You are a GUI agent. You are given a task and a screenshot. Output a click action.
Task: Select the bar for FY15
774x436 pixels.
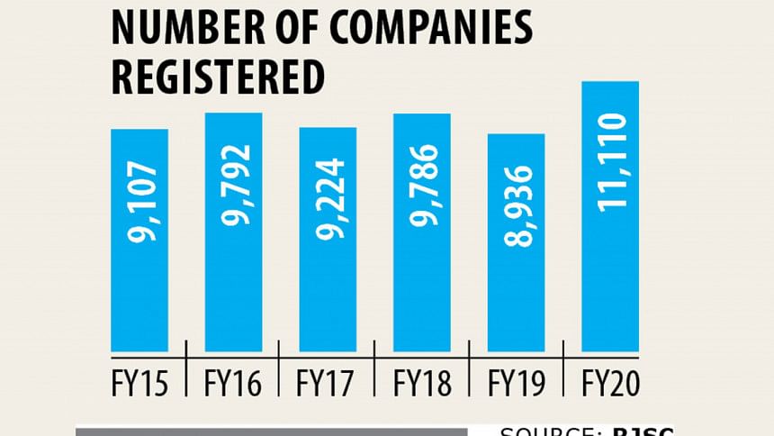pyautogui.click(x=139, y=297)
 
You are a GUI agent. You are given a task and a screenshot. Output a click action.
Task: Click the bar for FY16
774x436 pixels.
pyautogui.click(x=234, y=297)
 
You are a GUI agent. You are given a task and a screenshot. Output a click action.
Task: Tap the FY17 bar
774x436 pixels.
pyautogui.click(x=328, y=297)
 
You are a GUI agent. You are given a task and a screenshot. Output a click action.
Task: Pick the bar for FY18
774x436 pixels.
pyautogui.click(x=422, y=297)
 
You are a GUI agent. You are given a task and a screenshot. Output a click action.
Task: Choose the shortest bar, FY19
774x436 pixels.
pyautogui.click(x=516, y=297)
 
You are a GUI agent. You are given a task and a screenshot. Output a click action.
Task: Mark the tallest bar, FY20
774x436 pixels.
pyautogui.click(x=610, y=297)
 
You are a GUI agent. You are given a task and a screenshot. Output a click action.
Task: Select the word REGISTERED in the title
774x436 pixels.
pyautogui.click(x=216, y=77)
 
